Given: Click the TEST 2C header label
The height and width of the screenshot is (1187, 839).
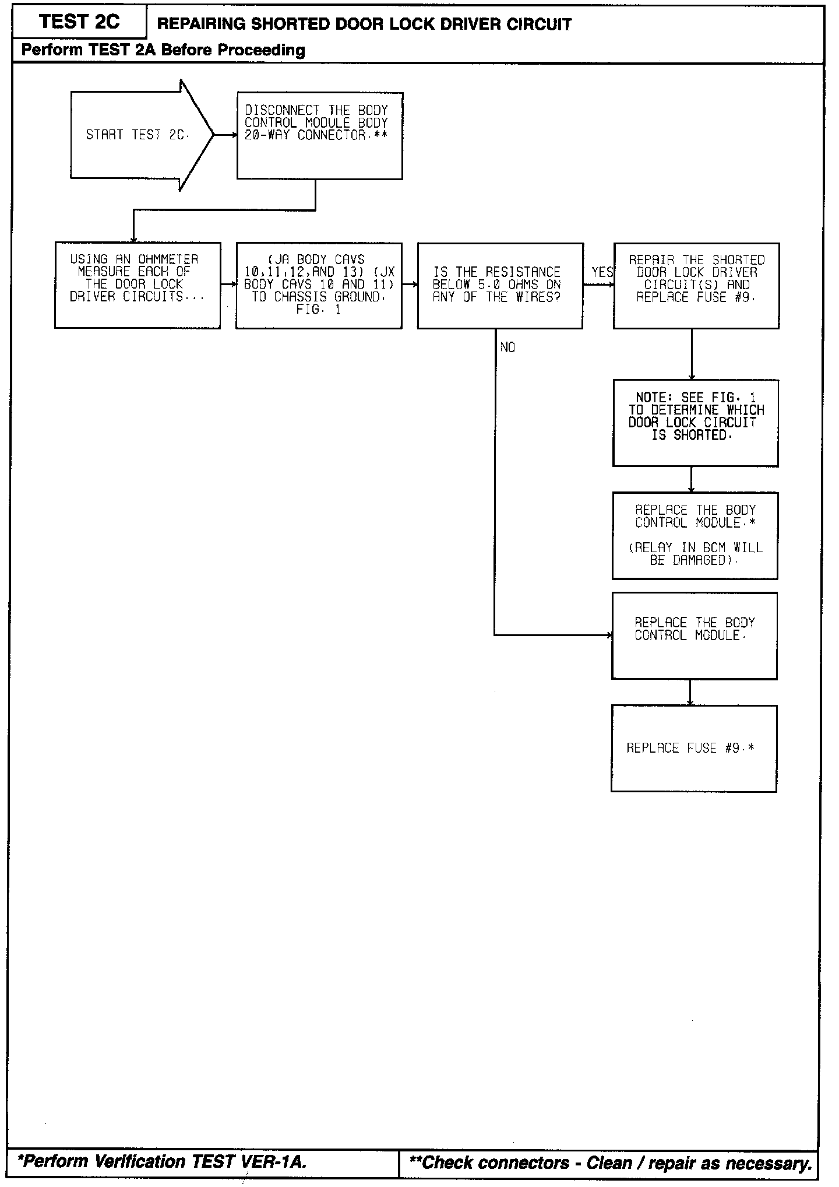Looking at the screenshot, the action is click(79, 22).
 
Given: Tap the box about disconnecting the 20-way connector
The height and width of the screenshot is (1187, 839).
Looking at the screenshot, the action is click(319, 136).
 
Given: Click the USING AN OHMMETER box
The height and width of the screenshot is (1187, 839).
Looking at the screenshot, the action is click(138, 286).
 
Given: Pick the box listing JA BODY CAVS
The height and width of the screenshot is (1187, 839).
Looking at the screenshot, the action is click(319, 286).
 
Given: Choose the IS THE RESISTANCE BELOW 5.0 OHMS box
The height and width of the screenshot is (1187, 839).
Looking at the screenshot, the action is click(500, 286).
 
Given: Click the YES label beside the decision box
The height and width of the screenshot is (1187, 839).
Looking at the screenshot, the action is click(602, 272).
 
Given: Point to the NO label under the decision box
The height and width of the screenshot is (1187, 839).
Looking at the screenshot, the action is click(507, 347).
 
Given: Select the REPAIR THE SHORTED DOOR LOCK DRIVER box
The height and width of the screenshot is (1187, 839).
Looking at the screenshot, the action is click(696, 286).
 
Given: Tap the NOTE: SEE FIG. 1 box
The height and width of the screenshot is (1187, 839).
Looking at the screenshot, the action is click(696, 423).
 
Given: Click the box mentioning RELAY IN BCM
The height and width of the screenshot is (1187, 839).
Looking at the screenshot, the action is click(695, 535).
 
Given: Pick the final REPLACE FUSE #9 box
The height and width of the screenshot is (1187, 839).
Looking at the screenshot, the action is click(694, 748).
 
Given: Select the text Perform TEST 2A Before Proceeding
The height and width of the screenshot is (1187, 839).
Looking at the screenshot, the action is click(163, 50).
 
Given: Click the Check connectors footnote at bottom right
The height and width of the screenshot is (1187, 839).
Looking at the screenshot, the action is click(611, 1163).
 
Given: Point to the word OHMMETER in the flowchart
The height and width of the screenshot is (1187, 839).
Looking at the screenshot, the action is click(168, 259).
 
